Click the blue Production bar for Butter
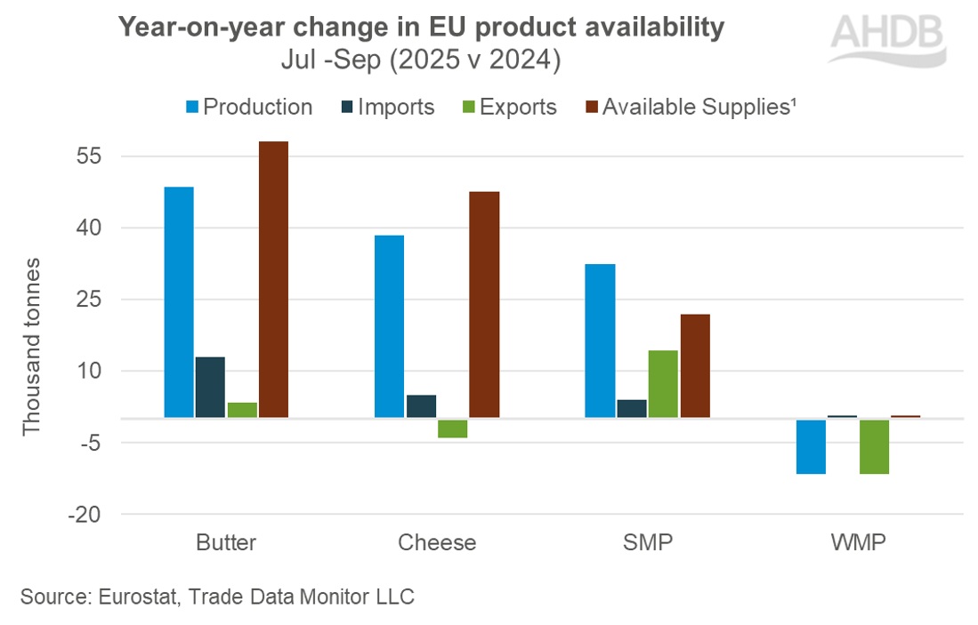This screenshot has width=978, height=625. pos(179,301)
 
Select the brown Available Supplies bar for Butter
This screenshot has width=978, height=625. pos(273,279)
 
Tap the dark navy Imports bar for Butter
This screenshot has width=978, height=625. pos(210,387)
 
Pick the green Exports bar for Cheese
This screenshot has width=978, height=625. pos(452,428)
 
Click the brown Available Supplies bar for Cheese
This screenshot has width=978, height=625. pos(484,304)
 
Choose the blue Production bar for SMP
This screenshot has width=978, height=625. pos(600,341)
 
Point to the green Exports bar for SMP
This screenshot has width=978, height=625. pos(663,383)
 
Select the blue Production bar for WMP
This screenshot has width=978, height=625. pos(811,446)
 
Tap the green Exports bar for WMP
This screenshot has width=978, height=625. pos(874,446)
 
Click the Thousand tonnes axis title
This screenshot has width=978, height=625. pos(32,347)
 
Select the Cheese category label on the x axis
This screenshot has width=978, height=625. pos(437,543)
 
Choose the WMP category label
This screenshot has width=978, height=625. pos(858,543)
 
